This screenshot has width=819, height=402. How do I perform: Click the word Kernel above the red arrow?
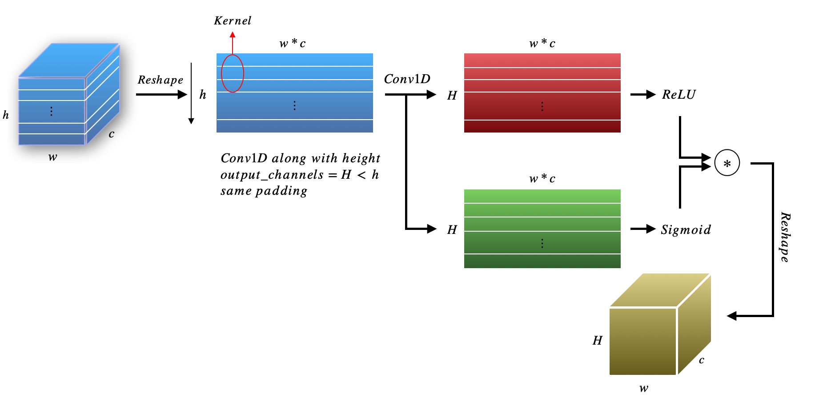coord(233,21)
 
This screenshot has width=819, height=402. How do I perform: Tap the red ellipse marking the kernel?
coord(233,73)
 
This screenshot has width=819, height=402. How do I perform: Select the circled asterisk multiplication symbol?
coord(727,163)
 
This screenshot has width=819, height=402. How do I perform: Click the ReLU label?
coord(678,94)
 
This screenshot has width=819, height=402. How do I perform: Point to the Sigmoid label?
coord(686,229)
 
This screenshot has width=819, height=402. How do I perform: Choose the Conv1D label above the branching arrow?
coord(407,79)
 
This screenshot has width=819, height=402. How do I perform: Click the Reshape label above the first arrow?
coord(160,80)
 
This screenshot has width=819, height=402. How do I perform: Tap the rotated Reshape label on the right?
coord(785,237)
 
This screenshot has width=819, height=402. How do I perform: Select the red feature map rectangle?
coord(542,93)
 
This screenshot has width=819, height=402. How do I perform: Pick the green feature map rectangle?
coord(542,229)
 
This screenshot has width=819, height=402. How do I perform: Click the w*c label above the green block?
coord(542,178)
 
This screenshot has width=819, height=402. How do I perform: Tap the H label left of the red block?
coord(452,96)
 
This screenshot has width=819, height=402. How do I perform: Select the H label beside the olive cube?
coord(597,341)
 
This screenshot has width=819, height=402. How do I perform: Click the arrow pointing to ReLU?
coord(643,94)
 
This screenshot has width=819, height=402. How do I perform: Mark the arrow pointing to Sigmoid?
coord(643,229)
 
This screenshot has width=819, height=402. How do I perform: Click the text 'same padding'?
coord(264,191)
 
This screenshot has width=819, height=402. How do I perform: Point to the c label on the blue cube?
coord(111,134)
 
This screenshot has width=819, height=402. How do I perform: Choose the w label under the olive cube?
coord(643,388)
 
